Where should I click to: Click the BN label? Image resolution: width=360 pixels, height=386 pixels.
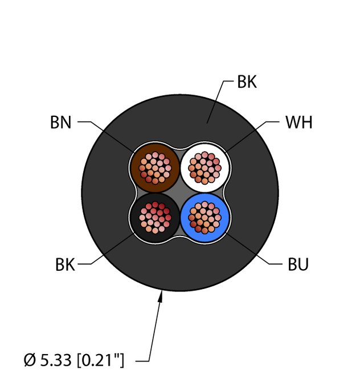pos(61,123)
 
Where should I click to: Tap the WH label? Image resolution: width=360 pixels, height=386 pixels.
pos(299,123)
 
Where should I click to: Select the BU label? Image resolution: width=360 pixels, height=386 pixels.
pos(298,265)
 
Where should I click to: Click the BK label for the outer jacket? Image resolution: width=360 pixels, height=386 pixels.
pos(247,82)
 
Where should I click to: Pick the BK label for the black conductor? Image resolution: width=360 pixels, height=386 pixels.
pos(65,265)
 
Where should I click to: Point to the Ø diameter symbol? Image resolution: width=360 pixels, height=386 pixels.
pos(30,360)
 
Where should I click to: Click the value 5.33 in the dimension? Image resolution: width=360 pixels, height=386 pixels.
pos(56,360)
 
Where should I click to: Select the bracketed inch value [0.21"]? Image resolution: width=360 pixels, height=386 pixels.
pos(100,360)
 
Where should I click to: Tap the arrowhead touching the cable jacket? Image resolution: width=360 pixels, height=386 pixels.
pos(161,296)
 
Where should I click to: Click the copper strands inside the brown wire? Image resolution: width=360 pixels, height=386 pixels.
pos(155,168)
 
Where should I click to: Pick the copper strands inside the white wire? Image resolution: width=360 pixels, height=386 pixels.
pos(204,168)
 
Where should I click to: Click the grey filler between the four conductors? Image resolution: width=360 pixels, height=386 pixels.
pos(180,193)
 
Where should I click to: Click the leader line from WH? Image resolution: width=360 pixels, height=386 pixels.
pos(252,137)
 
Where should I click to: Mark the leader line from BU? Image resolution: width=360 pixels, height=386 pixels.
pos(254,249)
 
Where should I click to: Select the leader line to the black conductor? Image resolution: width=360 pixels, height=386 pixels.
pos(106,249)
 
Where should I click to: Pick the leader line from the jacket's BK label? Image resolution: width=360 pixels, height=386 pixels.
pos(220,101)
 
